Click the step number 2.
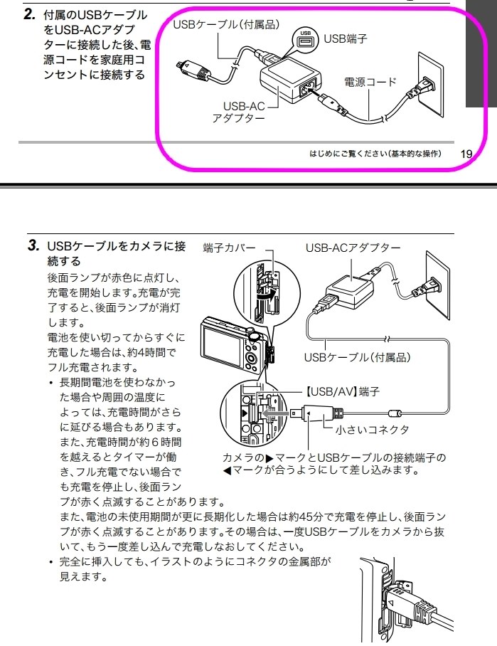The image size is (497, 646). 30,14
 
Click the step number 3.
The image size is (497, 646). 33,246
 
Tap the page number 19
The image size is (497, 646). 466,154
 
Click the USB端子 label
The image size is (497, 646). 346,38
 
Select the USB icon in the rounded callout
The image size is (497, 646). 306,40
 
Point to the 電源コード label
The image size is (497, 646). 370,82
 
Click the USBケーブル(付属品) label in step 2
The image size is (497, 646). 226,24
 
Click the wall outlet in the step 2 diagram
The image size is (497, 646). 430,85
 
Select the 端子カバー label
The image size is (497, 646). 230,248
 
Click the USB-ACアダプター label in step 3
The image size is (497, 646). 353,248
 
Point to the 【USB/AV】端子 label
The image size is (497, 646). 341,391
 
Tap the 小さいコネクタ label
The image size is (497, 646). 373,430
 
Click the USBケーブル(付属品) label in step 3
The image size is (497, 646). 358,356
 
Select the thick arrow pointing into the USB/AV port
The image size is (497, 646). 275,413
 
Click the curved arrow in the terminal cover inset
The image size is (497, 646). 264,295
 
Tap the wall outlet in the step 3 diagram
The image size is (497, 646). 438,285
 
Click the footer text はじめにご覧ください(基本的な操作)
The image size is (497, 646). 375,154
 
